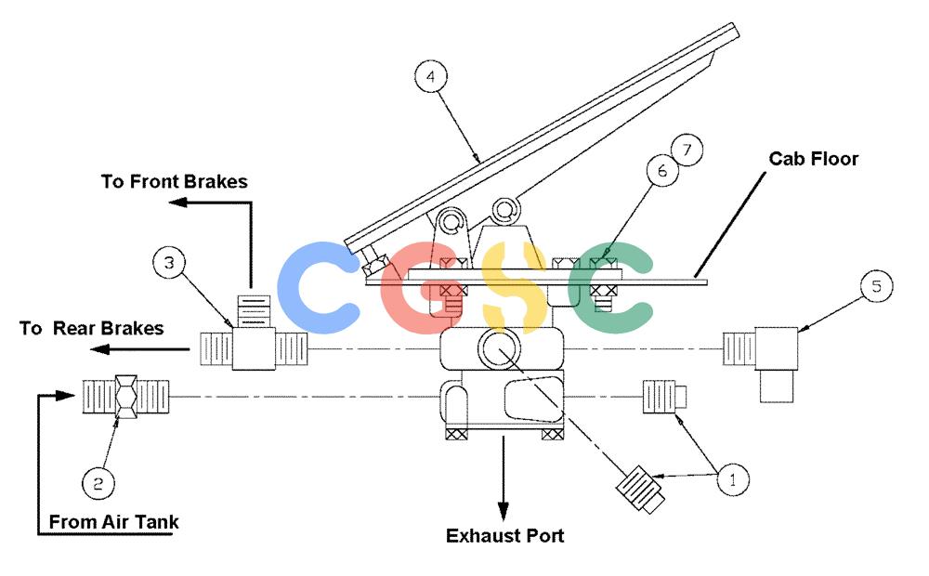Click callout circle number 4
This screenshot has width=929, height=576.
pos(431,76)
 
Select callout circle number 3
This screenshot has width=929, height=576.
pos(169,263)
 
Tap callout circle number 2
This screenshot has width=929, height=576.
pos(98,483)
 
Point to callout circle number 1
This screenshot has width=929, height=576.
pos(733,479)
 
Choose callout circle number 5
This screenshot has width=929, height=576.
pos(876,286)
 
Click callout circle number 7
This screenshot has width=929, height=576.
pos(687,150)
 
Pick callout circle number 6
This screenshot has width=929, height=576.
pos(662,171)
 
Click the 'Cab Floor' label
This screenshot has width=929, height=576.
pos(814,159)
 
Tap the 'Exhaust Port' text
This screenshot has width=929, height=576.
pos(504,536)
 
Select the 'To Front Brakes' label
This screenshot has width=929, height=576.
pos(175,181)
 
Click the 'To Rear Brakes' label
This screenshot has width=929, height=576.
pos(91,328)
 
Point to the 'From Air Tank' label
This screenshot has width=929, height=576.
pos(113,522)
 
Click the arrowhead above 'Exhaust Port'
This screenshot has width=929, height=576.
pos(503,512)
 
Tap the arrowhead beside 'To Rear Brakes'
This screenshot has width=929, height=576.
pos(99,349)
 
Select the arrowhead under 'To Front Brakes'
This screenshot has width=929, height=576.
pos(178,203)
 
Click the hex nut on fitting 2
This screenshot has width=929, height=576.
pos(126,396)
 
